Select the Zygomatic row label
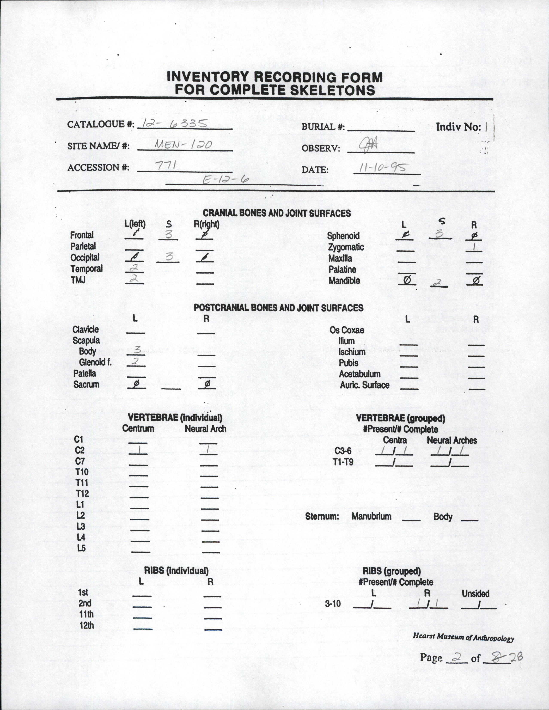point(346,247)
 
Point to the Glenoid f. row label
point(95,362)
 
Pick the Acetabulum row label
point(360,374)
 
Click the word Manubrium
point(371,516)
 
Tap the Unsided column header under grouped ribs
point(475,594)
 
